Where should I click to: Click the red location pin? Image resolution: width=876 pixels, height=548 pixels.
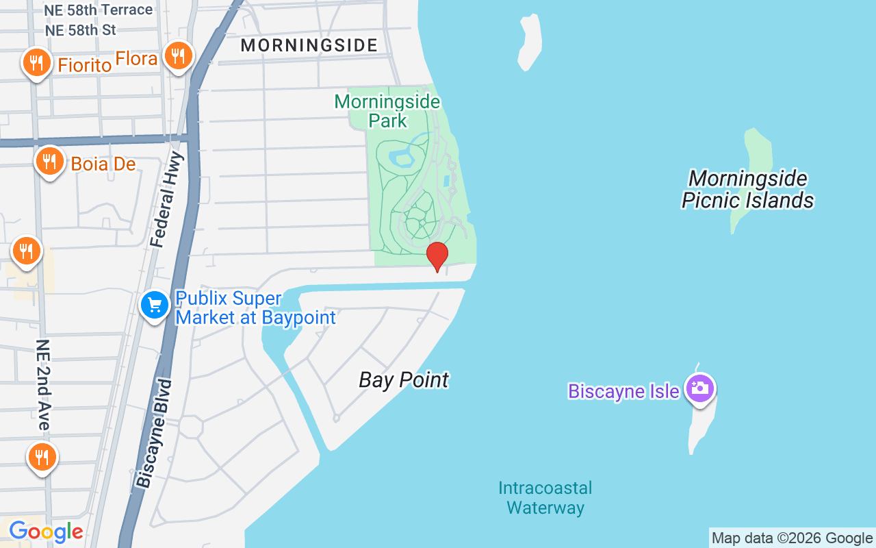point(437,256)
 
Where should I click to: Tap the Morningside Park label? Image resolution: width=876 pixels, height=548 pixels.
point(387,111)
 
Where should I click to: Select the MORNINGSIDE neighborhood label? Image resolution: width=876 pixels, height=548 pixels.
point(309,46)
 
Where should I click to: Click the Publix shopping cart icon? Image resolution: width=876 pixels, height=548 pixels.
point(155,305)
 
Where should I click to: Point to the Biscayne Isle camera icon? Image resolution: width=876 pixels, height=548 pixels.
point(700,388)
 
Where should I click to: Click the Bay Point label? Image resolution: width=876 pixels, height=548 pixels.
point(404,380)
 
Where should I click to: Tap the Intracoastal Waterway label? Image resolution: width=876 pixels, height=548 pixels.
point(545,498)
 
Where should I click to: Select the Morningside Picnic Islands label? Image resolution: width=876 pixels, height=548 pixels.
point(748,190)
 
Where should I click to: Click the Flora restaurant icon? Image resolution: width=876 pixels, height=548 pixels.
point(178,55)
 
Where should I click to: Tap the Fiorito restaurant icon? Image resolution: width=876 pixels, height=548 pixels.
point(36,63)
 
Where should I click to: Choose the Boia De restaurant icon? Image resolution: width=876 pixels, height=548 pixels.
point(49,162)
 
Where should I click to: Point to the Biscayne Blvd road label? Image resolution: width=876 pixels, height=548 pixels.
point(155,433)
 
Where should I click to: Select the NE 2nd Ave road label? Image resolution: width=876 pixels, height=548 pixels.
point(42,384)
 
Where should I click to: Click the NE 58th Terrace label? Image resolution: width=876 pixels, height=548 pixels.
point(98,10)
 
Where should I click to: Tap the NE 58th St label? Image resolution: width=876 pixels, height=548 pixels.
point(80,30)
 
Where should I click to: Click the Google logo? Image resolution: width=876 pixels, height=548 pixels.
point(46,532)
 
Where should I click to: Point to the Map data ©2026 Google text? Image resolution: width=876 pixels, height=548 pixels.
point(792,538)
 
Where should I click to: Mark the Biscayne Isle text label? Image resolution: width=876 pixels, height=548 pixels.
point(623,392)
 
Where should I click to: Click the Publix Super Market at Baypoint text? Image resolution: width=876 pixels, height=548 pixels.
point(255,308)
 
